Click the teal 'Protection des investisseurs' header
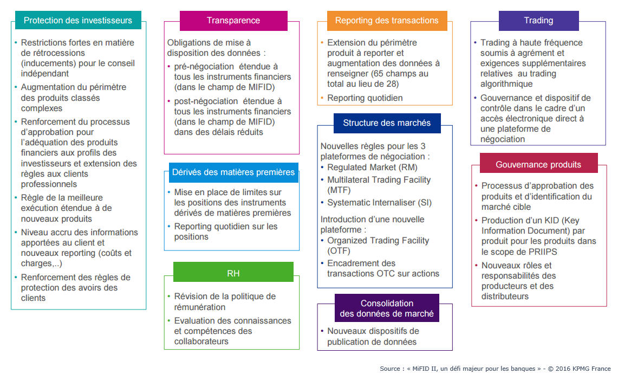point(78,20)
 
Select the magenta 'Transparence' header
point(233,21)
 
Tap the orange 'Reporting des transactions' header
point(387,21)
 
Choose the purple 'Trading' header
point(538,21)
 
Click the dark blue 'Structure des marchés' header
point(387,123)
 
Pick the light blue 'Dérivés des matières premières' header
point(233,172)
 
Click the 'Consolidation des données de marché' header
point(387,308)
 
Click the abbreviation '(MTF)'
point(339,190)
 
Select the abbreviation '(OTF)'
point(339,251)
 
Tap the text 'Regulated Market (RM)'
point(373,168)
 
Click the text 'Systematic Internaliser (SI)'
point(380,203)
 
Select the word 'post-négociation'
point(206,101)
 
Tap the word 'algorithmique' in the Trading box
point(506,84)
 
